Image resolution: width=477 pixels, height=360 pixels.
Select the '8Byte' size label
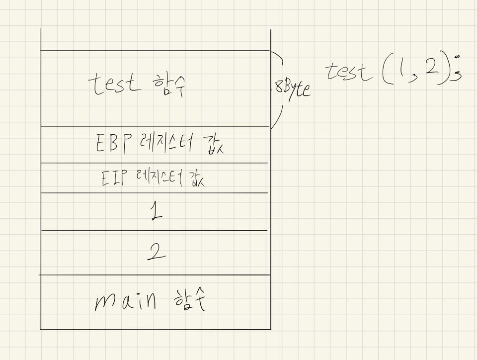pos(293,89)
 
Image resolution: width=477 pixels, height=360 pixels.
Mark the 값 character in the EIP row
pos(197,179)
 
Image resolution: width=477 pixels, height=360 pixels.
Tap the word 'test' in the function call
pos(349,72)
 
